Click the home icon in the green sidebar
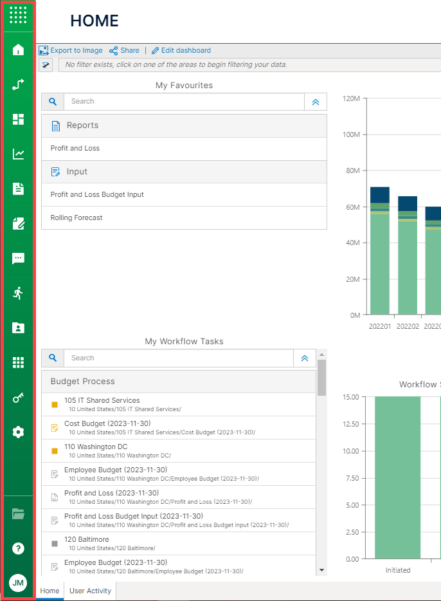pyautogui.click(x=18, y=50)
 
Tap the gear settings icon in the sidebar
pyautogui.click(x=18, y=432)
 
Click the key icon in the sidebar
pyautogui.click(x=18, y=398)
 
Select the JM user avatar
pyautogui.click(x=18, y=583)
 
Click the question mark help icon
pyautogui.click(x=18, y=548)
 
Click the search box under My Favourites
pyautogui.click(x=183, y=102)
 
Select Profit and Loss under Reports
pyautogui.click(x=75, y=148)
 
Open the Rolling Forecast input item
pyautogui.click(x=76, y=217)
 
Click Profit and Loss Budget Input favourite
pyautogui.click(x=97, y=194)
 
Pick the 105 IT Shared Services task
pyautogui.click(x=102, y=400)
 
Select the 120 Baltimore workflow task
pyautogui.click(x=87, y=539)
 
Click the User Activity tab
pyautogui.click(x=90, y=591)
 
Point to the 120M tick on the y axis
pyautogui.click(x=351, y=98)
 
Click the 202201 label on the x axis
pyautogui.click(x=380, y=326)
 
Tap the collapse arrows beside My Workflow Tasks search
pyautogui.click(x=305, y=358)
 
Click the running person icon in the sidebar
pyautogui.click(x=18, y=293)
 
